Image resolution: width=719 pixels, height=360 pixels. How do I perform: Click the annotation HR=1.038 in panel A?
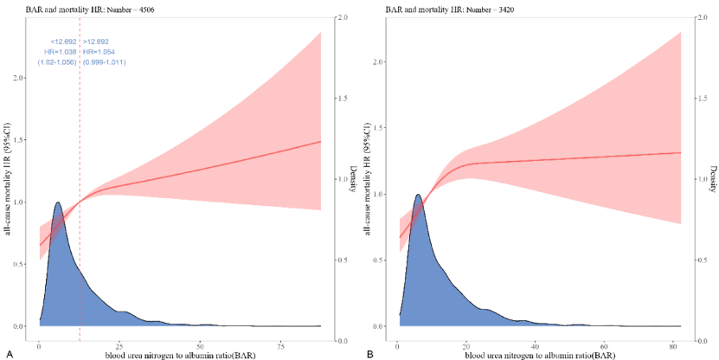(61, 52)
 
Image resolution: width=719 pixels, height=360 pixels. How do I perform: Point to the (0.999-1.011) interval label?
(105, 62)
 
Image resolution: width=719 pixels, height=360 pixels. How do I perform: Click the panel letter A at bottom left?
(9, 354)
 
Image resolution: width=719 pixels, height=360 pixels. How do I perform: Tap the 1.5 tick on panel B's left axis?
(385, 128)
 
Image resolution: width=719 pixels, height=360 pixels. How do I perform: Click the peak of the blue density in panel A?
(58, 202)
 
